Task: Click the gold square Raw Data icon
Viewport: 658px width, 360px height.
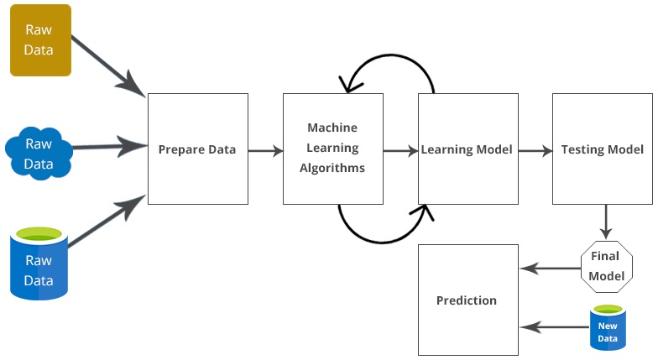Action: (x=39, y=40)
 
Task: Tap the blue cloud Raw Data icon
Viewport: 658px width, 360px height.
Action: (x=39, y=153)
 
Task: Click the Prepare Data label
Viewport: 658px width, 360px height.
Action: (x=197, y=150)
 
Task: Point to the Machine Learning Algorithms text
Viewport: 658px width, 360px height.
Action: (x=332, y=148)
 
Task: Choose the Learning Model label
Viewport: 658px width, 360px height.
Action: (x=467, y=150)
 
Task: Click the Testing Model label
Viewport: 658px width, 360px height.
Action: (x=602, y=150)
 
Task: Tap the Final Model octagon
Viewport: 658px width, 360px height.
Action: (x=605, y=267)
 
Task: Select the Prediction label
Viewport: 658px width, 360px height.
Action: (x=467, y=300)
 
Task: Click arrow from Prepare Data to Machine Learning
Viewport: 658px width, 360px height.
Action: (x=265, y=151)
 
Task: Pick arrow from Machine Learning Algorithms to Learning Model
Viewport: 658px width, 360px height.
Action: (x=400, y=151)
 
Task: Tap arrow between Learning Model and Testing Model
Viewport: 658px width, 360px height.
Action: (x=535, y=151)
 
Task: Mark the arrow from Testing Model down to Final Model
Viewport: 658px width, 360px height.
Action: (x=605, y=223)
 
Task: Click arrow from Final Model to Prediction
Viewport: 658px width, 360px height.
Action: (x=550, y=269)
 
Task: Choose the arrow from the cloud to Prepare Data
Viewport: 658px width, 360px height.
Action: (x=109, y=147)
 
